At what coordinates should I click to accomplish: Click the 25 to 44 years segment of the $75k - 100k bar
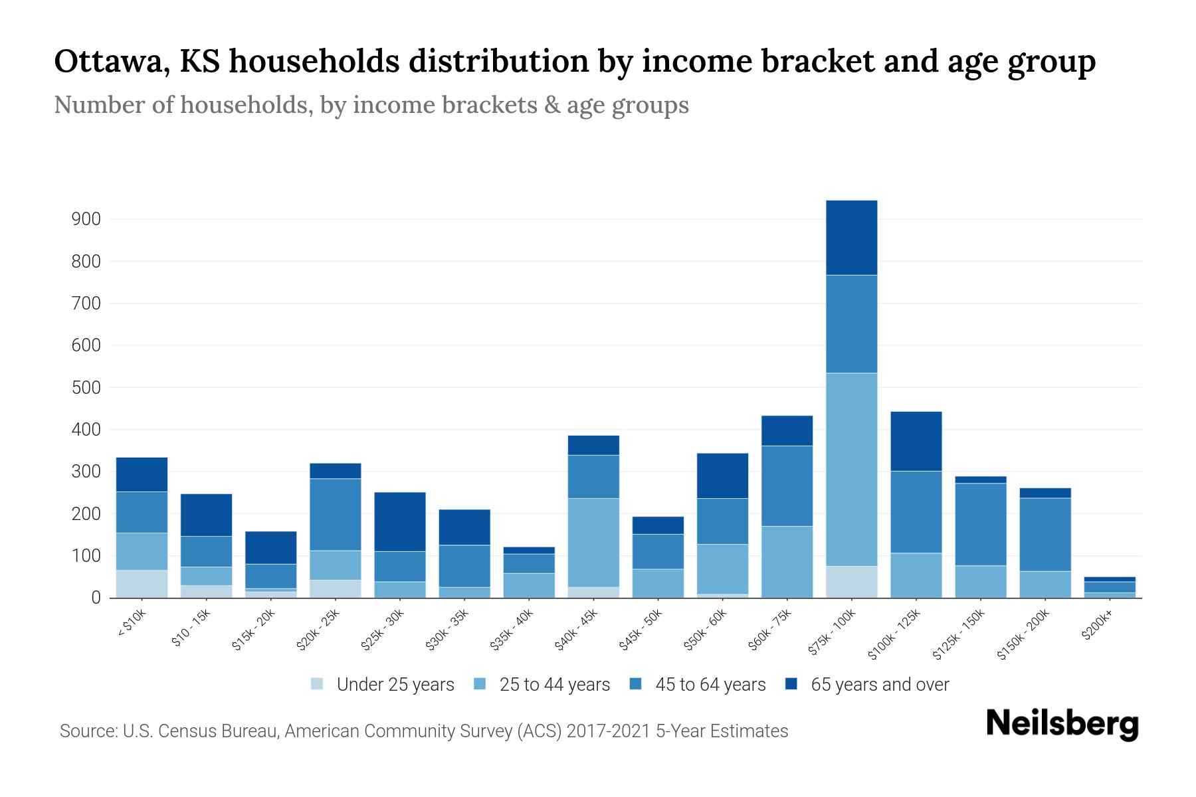851,469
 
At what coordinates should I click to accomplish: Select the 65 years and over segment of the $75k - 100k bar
851,237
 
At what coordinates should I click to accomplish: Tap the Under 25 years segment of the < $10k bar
142,584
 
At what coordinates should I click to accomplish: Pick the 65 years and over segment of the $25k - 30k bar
400,521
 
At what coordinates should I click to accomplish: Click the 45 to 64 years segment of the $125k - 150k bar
980,524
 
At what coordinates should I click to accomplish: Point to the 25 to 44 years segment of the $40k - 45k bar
593,542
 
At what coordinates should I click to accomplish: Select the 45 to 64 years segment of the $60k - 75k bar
787,486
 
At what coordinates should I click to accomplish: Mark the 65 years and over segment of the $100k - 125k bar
916,441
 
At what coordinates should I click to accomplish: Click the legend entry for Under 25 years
383,684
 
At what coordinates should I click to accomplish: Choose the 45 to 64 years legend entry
698,684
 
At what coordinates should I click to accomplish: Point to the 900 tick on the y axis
86,219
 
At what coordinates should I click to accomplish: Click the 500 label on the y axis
86,387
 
